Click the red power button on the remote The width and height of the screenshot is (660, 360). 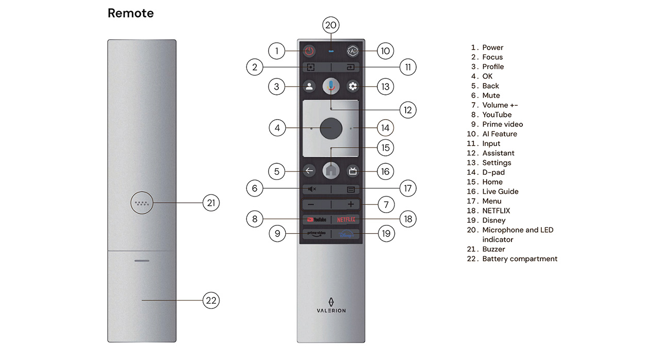[x=309, y=51]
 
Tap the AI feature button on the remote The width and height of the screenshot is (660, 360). [x=353, y=51]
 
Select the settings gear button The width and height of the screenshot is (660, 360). [x=353, y=86]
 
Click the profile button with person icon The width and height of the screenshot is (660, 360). [x=309, y=86]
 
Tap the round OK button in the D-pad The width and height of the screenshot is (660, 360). [x=331, y=128]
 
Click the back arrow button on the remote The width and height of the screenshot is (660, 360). [x=309, y=171]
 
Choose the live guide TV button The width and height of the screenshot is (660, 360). [x=353, y=171]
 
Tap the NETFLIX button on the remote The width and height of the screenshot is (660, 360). [x=346, y=219]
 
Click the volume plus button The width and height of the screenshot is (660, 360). [x=351, y=204]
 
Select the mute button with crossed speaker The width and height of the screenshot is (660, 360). [x=312, y=189]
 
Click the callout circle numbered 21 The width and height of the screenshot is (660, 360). [x=211, y=203]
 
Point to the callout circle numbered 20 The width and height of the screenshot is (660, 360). [x=331, y=25]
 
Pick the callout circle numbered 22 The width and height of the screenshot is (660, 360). [x=211, y=300]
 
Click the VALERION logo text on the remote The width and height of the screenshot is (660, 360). [x=331, y=310]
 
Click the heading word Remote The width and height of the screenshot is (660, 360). [x=130, y=13]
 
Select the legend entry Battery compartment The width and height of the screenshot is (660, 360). [x=520, y=259]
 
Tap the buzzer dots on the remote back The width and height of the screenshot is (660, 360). [x=142, y=203]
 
